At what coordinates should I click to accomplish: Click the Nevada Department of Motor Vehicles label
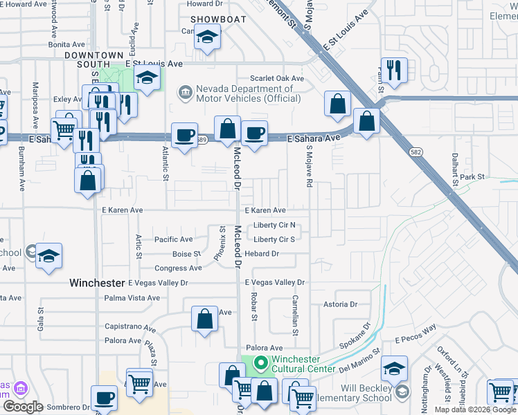point(248,93)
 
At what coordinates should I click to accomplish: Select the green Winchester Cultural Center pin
point(260,362)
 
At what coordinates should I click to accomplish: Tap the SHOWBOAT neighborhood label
point(218,19)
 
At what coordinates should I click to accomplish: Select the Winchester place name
point(98,283)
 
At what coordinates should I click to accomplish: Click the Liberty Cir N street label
point(274,225)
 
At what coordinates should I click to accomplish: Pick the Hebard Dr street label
point(266,254)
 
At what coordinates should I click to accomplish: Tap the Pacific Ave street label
point(173,239)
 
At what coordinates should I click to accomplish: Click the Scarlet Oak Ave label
point(277,79)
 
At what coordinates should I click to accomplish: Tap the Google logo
point(23,407)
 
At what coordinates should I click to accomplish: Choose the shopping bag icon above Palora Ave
point(204,320)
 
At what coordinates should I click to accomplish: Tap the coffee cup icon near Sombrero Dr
point(105,398)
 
